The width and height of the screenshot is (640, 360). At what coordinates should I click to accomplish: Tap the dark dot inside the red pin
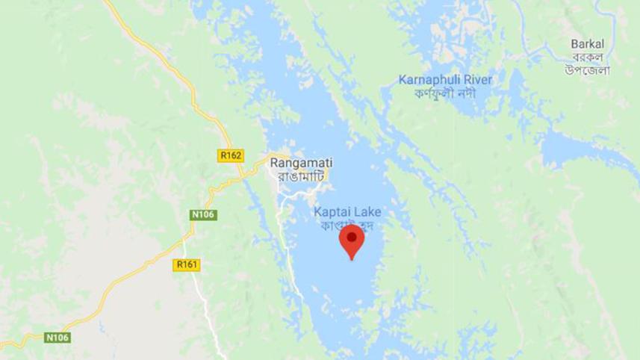pos(352,238)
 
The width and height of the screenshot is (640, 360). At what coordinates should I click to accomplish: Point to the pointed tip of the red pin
pos(352,259)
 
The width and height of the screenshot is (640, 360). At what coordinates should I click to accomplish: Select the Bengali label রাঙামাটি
pos(297,176)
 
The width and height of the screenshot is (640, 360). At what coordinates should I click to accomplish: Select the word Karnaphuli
pos(427,80)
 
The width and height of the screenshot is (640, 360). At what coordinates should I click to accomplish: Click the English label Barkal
pos(587,44)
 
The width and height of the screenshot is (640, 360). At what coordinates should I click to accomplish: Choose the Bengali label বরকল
pos(587,57)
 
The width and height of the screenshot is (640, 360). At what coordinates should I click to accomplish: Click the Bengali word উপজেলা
pos(587,70)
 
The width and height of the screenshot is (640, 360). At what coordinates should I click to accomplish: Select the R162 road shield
pos(231,155)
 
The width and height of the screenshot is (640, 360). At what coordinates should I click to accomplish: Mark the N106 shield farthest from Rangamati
pos(58,338)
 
